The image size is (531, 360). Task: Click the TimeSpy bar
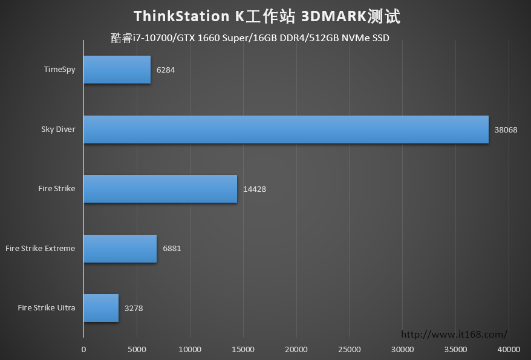tap(117, 70)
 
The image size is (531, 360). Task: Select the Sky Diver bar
tap(286, 129)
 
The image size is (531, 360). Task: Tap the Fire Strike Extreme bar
tap(120, 249)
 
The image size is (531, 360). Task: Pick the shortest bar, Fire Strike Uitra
tap(101, 308)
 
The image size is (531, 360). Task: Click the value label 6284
tap(166, 70)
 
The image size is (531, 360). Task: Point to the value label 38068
tap(506, 129)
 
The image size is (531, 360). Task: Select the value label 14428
tap(255, 189)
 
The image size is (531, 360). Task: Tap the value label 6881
tap(172, 248)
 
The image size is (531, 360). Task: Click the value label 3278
tap(134, 308)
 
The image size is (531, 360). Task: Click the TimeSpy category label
tap(60, 70)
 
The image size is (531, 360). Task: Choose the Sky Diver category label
tap(58, 129)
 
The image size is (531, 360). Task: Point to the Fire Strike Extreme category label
tap(41, 248)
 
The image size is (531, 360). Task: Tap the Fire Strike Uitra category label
tap(47, 307)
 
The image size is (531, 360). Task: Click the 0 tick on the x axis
tap(83, 350)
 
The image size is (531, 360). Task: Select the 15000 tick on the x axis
tap(243, 350)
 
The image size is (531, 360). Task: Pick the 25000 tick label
tap(350, 350)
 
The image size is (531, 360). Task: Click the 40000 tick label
tap(509, 350)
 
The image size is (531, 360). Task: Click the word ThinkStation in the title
tap(181, 16)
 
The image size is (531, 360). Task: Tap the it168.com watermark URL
tap(454, 335)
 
